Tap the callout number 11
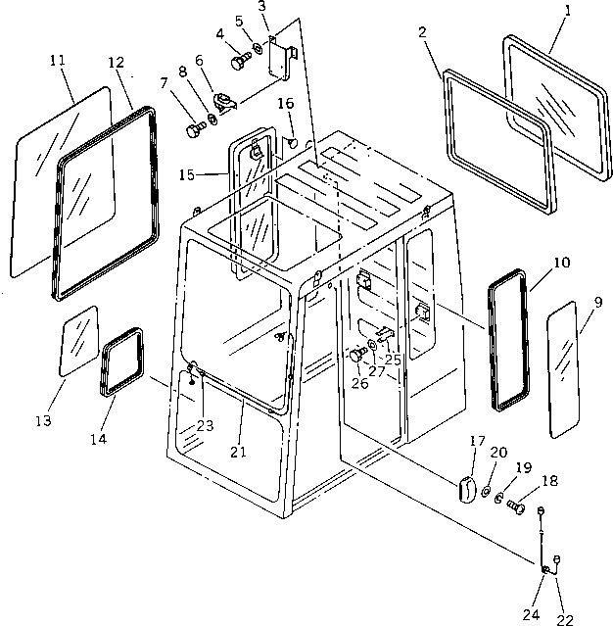tap(56, 61)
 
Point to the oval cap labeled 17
tap(466, 488)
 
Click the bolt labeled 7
tap(192, 126)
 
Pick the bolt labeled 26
tap(355, 357)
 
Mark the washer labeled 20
tap(487, 489)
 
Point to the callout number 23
tap(203, 425)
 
